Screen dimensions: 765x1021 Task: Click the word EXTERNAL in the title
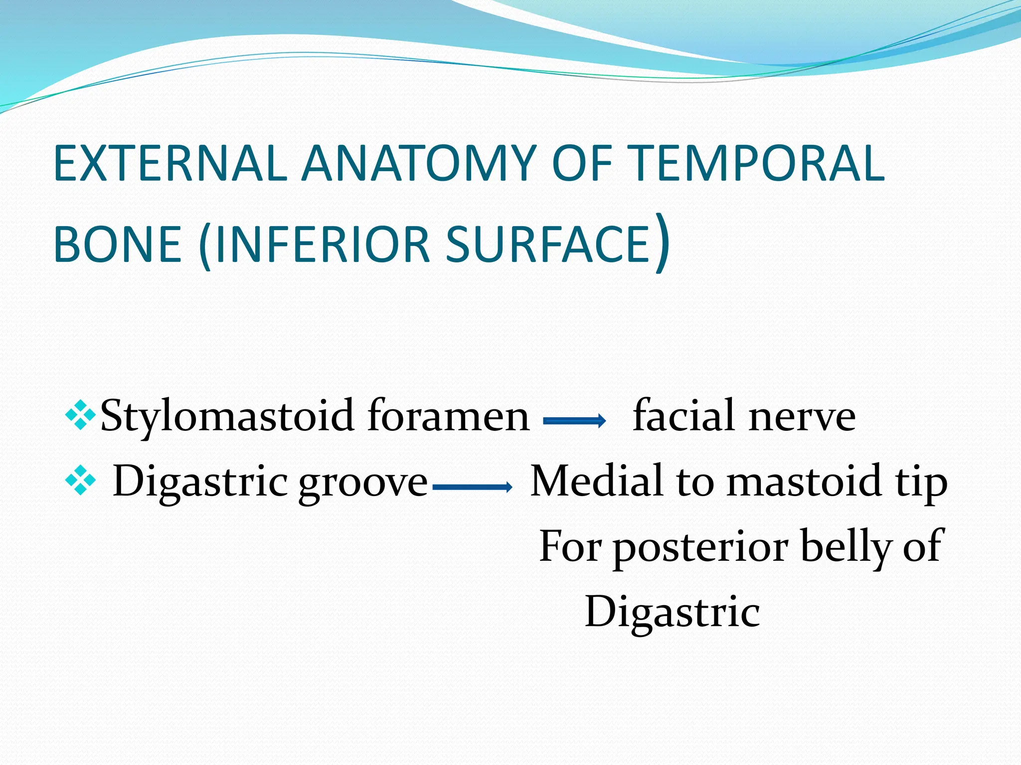[170, 163]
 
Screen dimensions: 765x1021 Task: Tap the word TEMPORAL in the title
[758, 163]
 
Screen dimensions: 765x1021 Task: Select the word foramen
[448, 416]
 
